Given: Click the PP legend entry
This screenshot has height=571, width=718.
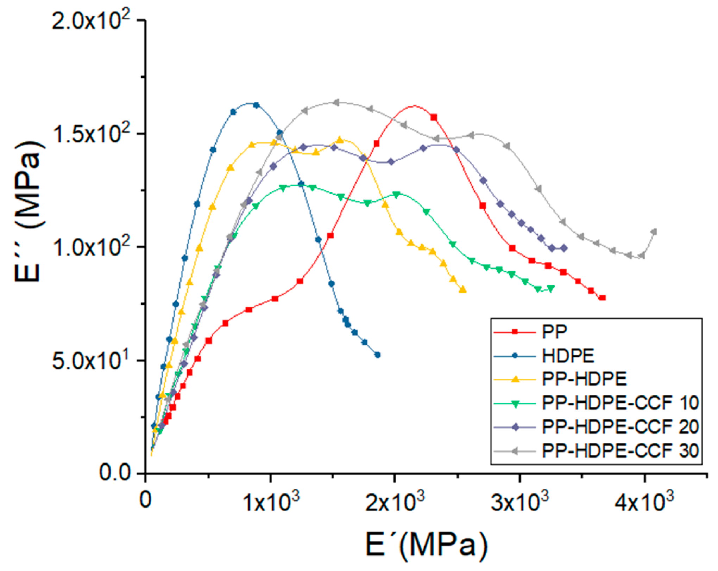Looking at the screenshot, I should coord(555,332).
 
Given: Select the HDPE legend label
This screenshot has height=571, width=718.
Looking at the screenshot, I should coord(568,356).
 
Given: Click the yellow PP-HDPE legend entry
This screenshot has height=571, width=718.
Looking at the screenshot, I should coord(584,379).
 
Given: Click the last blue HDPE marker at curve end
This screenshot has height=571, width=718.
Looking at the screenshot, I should coord(378,355).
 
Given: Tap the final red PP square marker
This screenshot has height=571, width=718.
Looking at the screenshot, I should coord(603,298).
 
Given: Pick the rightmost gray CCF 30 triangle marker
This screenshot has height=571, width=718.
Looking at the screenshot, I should coord(654,232).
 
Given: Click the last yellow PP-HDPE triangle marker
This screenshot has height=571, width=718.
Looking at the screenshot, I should coord(463,290).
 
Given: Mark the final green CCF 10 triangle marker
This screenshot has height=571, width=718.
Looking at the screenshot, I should coord(551,288).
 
